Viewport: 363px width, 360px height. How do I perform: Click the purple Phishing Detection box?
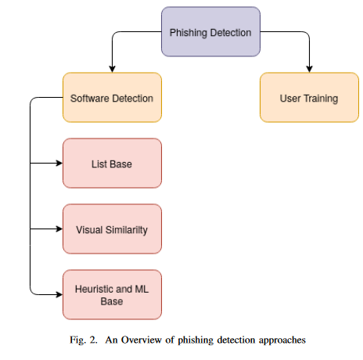210,31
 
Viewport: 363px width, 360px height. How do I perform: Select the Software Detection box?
112,97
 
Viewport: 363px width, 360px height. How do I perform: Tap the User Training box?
309,97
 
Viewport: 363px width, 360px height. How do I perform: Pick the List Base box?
112,163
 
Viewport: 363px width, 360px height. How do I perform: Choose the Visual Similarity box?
112,229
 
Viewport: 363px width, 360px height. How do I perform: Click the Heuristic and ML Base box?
112,294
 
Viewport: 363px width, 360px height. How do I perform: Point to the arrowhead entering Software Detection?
112,69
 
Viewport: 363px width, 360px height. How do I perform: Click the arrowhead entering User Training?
309,69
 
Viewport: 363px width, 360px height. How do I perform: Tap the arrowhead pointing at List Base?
59,163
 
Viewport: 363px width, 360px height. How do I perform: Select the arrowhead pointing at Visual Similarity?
59,229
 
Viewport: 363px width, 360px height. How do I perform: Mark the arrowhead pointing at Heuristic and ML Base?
59,294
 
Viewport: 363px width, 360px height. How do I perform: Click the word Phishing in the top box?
189,33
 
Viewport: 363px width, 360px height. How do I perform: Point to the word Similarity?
127,230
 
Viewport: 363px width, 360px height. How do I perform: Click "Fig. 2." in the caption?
84,340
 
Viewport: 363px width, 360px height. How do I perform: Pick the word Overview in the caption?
142,340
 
